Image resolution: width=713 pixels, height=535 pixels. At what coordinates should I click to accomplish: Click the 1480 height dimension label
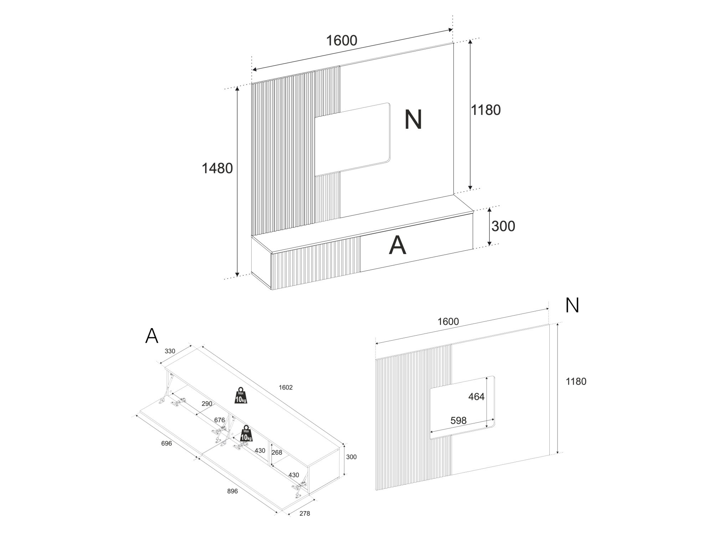pos(217,168)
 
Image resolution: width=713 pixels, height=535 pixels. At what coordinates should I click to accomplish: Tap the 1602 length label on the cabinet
pos(286,387)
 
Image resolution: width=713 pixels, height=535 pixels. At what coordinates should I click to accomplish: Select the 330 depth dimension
pos(170,351)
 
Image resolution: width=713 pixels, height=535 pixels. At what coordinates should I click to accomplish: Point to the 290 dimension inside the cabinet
pos(207,404)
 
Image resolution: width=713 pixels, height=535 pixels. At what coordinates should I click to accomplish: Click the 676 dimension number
pos(219,420)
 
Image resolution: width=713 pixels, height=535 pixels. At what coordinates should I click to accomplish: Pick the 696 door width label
pos(166,443)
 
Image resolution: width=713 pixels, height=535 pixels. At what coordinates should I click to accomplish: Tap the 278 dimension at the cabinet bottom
pos(304,514)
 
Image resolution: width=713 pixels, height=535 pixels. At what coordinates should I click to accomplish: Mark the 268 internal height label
pos(277,453)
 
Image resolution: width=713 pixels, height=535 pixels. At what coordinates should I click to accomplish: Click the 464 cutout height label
pos(476,396)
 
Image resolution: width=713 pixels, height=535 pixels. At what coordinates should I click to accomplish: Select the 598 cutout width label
pos(458,421)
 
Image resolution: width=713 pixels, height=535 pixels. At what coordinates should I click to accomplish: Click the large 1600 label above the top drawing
pos(342,41)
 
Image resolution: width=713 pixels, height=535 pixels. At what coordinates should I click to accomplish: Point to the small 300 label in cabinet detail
pos(351,457)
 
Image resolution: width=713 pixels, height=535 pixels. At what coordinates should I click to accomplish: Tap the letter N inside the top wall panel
pos(413,119)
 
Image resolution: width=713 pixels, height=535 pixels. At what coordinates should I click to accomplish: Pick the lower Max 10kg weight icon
pos(246,433)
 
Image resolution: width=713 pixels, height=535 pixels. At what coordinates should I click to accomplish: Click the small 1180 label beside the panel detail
pos(576,381)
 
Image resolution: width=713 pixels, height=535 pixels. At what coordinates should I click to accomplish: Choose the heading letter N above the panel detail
pos(572,306)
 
